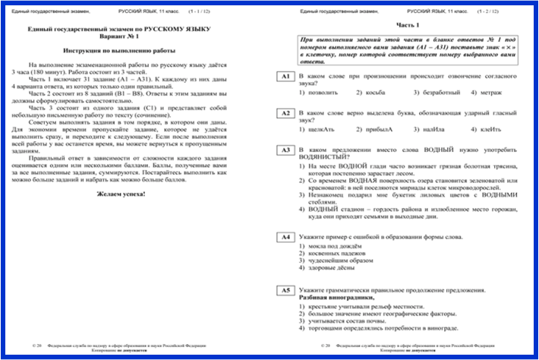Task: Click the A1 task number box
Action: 285,77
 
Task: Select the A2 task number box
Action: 285,113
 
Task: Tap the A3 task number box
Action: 285,150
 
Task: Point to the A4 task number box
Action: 285,238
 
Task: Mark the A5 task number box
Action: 285,291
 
